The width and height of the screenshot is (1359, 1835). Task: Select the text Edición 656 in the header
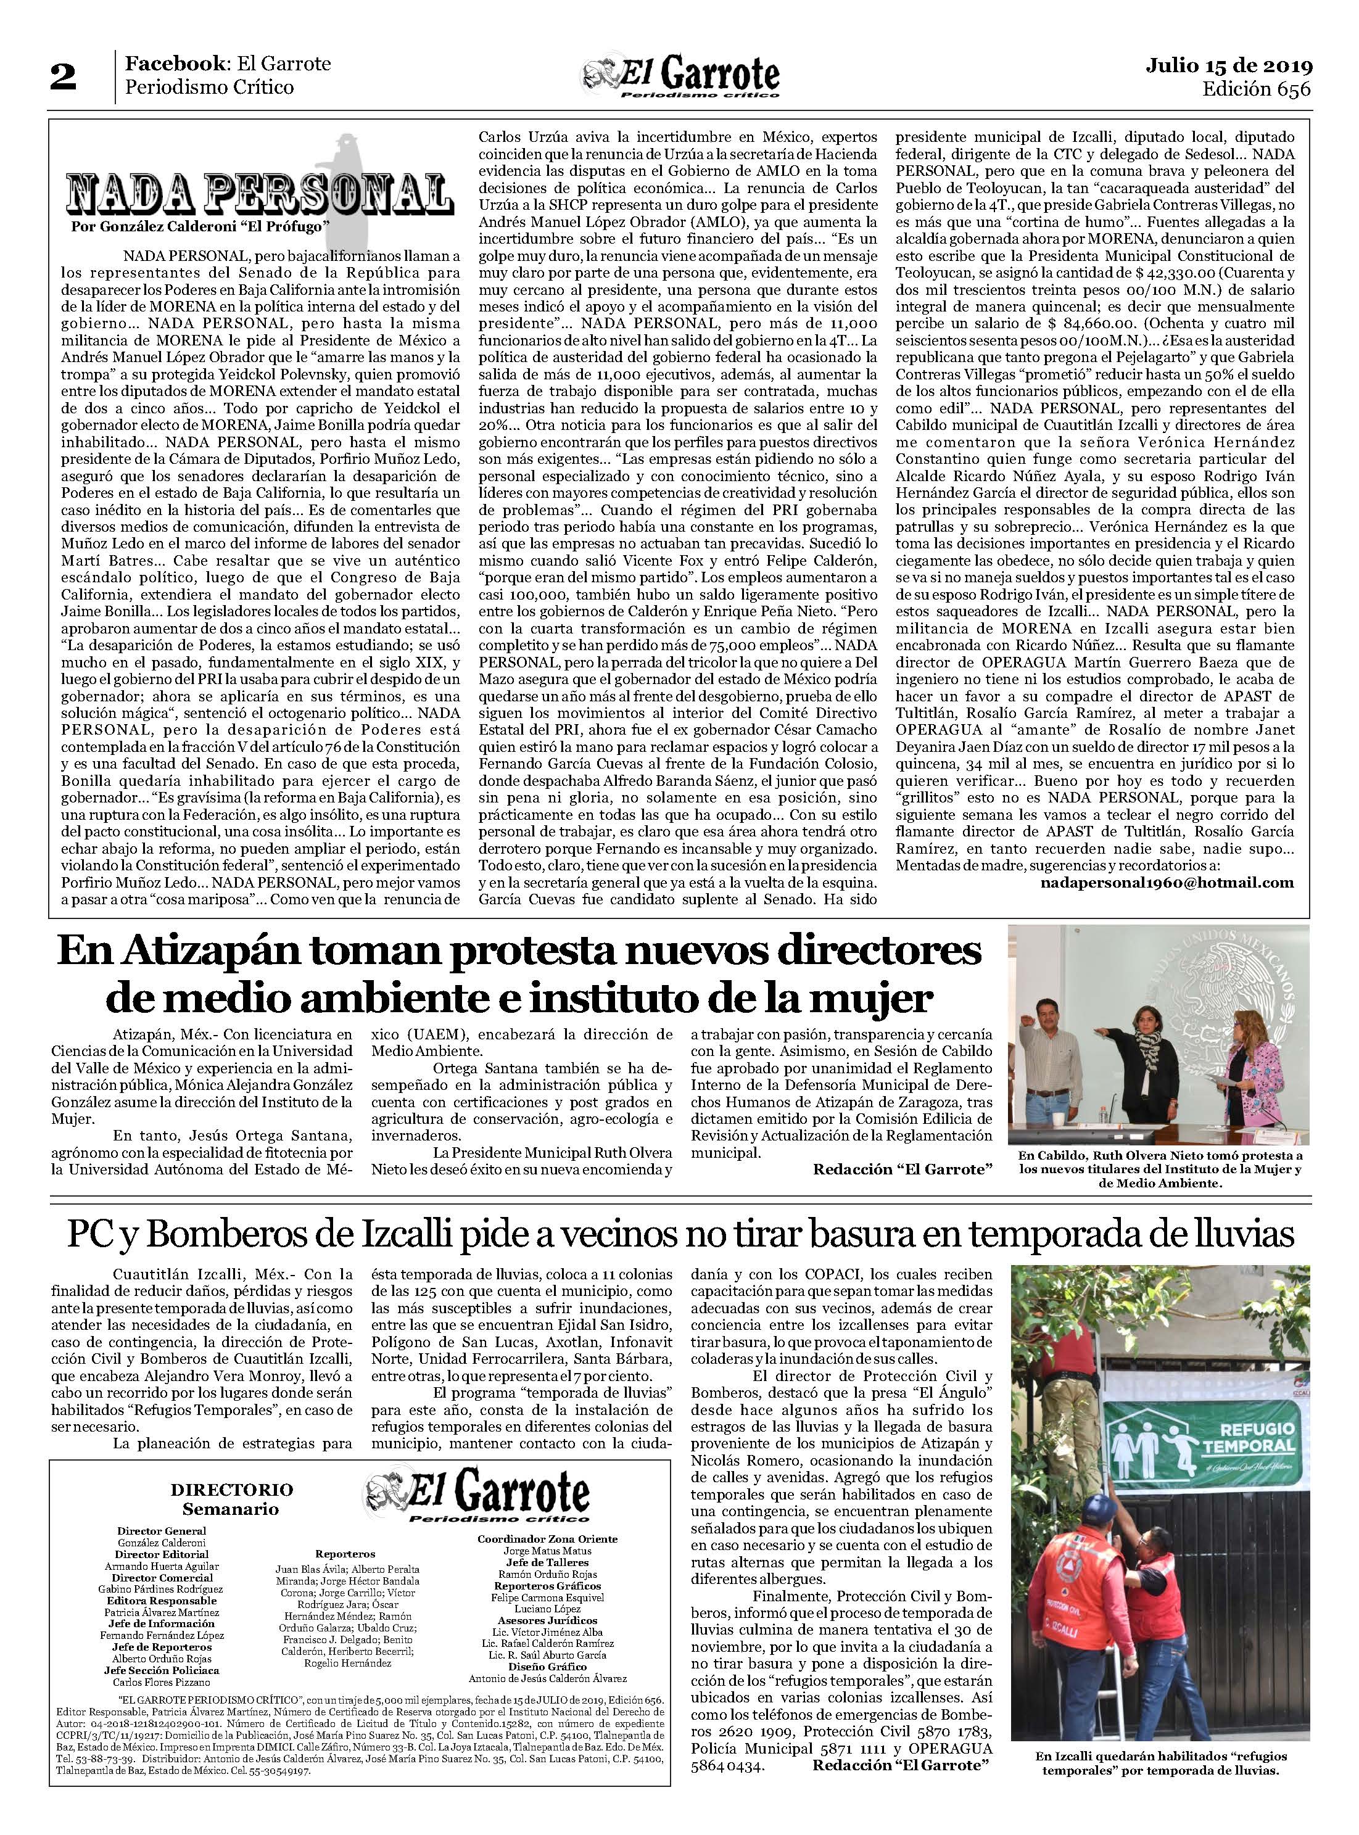point(1255,89)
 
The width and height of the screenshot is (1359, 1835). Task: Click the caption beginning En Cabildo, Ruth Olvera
point(1159,1169)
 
